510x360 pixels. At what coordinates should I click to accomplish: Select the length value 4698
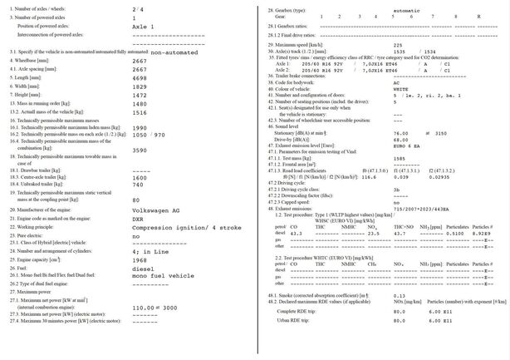(x=140, y=77)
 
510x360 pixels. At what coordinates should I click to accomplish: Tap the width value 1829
(x=140, y=86)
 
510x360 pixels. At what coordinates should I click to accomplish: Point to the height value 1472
(x=140, y=95)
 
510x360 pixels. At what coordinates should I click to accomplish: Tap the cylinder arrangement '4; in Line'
(x=150, y=244)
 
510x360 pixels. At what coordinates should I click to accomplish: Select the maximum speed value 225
(x=397, y=44)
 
